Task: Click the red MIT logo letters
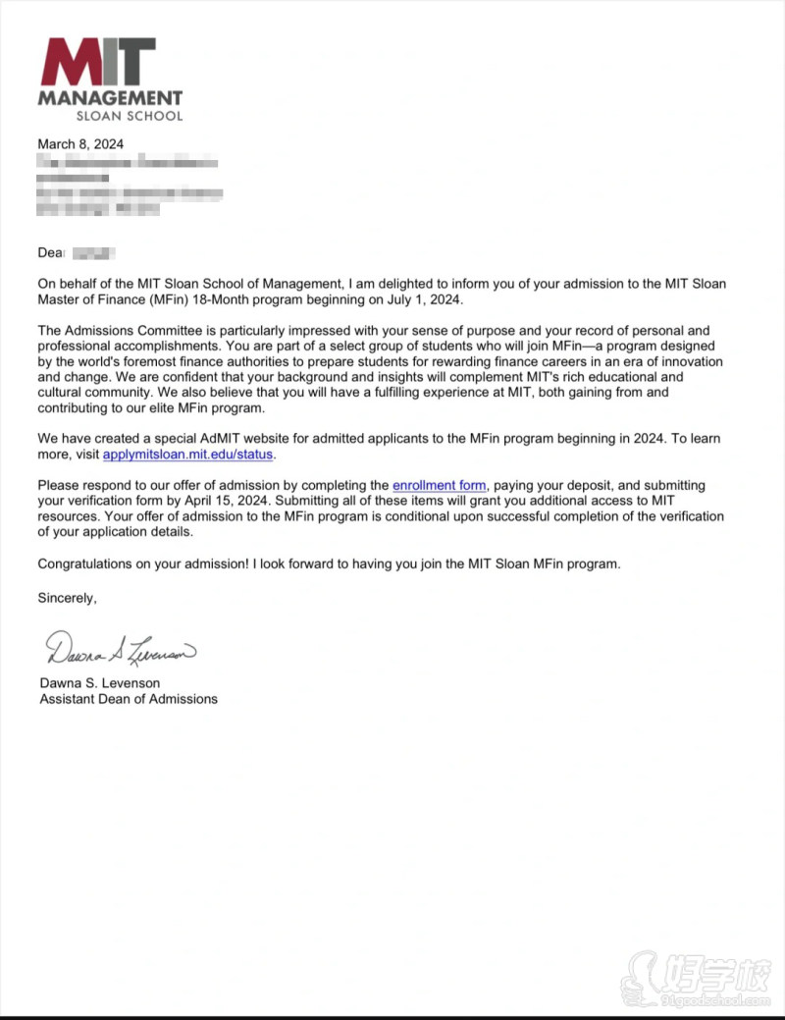click(x=96, y=62)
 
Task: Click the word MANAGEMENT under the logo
click(x=110, y=98)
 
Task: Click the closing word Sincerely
click(x=67, y=597)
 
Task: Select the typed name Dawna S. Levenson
click(x=99, y=683)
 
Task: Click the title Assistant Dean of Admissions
click(x=128, y=699)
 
